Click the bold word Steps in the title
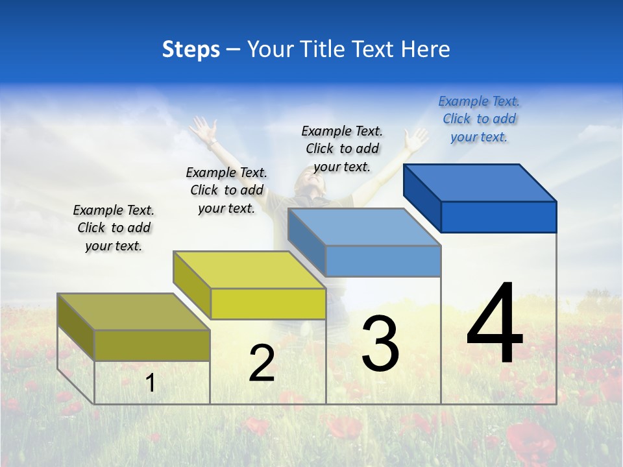pyautogui.click(x=190, y=49)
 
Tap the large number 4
pyautogui.click(x=495, y=324)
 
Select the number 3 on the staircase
pyautogui.click(x=380, y=344)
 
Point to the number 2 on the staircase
pyautogui.click(x=262, y=364)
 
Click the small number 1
pyautogui.click(x=151, y=383)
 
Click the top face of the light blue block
pyautogui.click(x=363, y=227)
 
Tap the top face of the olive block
pyautogui.click(x=133, y=311)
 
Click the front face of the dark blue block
pyautogui.click(x=498, y=217)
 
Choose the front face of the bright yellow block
pyautogui.click(x=268, y=304)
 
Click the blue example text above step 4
pyautogui.click(x=479, y=119)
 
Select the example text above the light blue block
pyautogui.click(x=342, y=149)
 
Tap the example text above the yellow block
pyautogui.click(x=226, y=190)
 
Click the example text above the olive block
pyautogui.click(x=114, y=228)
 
